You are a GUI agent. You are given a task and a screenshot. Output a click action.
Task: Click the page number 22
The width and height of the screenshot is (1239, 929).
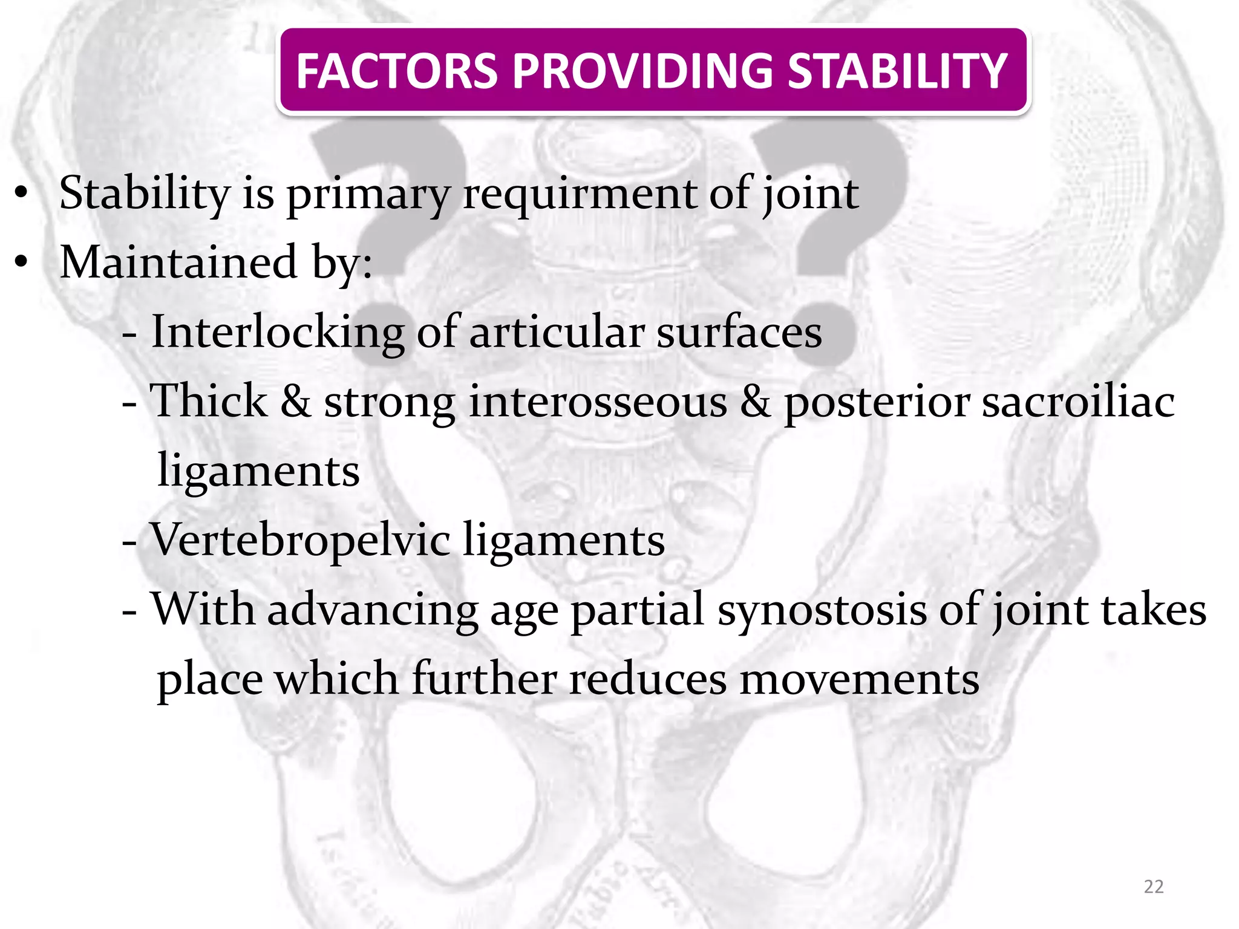[1154, 887]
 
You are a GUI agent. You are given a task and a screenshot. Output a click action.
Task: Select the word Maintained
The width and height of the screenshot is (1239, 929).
[179, 262]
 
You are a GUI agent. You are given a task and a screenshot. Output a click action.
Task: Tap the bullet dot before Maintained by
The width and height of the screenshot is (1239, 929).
[22, 262]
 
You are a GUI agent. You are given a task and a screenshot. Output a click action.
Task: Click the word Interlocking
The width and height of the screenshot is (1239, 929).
[277, 332]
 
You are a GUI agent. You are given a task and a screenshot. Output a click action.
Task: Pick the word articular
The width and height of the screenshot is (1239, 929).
[557, 332]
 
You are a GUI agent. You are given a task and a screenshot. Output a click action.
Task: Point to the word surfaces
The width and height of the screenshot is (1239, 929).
[739, 332]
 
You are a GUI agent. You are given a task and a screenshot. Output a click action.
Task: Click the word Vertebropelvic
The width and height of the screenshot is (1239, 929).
[300, 539]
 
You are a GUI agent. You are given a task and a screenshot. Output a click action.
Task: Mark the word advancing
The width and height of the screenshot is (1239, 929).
[373, 610]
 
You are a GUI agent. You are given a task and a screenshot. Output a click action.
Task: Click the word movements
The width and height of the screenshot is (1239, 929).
[859, 679]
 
